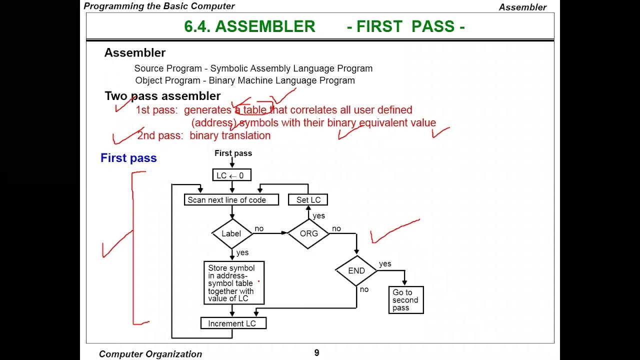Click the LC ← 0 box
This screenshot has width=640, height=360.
point(231,175)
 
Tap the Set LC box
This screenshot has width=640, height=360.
point(308,200)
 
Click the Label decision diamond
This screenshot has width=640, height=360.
point(231,233)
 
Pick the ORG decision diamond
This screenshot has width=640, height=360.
point(308,233)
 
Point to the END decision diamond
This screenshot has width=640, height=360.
point(356,270)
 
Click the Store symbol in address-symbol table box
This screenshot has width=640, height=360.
point(234,283)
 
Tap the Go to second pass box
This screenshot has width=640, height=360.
point(406,300)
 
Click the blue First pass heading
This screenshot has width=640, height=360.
point(128,158)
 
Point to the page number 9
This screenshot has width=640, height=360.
point(316,353)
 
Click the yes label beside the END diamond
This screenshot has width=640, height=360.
point(385,264)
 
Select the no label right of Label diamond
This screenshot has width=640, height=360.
point(259,228)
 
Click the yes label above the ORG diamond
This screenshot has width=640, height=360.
point(318,216)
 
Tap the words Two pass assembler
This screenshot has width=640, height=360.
point(162,96)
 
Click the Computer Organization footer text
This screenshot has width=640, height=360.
point(150,354)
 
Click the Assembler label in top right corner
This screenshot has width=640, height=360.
point(522,7)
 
